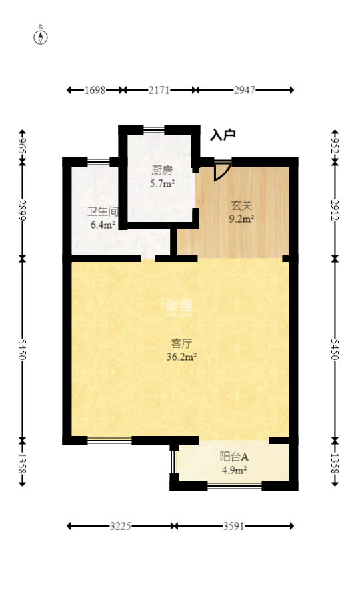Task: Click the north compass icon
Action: (41, 36)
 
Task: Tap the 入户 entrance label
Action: (223, 135)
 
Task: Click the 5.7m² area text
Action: (163, 183)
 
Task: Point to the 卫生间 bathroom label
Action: (103, 212)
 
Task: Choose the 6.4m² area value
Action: (103, 225)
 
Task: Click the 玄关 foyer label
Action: (242, 205)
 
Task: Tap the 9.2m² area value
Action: (242, 218)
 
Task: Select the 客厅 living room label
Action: (181, 344)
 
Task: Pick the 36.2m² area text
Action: (181, 357)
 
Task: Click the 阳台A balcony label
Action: (234, 457)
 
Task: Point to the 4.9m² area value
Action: (234, 470)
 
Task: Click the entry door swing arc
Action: (223, 171)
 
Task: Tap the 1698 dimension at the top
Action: (95, 90)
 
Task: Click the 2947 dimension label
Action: (245, 90)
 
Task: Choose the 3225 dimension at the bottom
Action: (120, 526)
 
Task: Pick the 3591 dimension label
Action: (233, 526)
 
